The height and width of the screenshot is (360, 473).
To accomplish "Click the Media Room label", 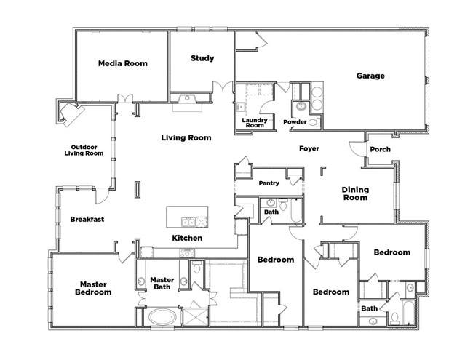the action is click(123, 63).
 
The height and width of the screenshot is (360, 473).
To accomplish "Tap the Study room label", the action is click(202, 58).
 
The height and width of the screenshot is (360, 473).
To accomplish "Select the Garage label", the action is click(370, 76).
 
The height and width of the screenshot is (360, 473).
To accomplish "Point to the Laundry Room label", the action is click(255, 122).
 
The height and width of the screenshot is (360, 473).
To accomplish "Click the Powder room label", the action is click(295, 121).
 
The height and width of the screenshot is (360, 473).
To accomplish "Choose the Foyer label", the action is click(309, 148).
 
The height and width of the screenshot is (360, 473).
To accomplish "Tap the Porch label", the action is click(380, 149).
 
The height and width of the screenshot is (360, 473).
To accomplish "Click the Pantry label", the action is click(269, 183).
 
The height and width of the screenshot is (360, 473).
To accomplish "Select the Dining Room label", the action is click(355, 193).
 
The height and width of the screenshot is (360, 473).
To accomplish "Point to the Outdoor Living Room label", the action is click(84, 150).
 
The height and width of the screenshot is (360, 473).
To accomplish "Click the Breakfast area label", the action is click(87, 219).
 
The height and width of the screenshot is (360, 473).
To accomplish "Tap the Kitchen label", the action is click(187, 238).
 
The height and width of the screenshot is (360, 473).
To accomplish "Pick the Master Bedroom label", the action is click(93, 288).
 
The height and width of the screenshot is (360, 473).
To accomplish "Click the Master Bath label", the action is click(162, 284).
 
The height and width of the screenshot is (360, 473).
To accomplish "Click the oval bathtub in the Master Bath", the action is click(162, 317).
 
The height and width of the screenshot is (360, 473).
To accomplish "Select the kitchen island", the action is click(187, 217).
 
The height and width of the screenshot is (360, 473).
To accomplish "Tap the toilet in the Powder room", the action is click(314, 122).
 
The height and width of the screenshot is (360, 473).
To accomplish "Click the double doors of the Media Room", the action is click(125, 98).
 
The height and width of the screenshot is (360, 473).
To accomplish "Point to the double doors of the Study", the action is click(223, 87).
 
